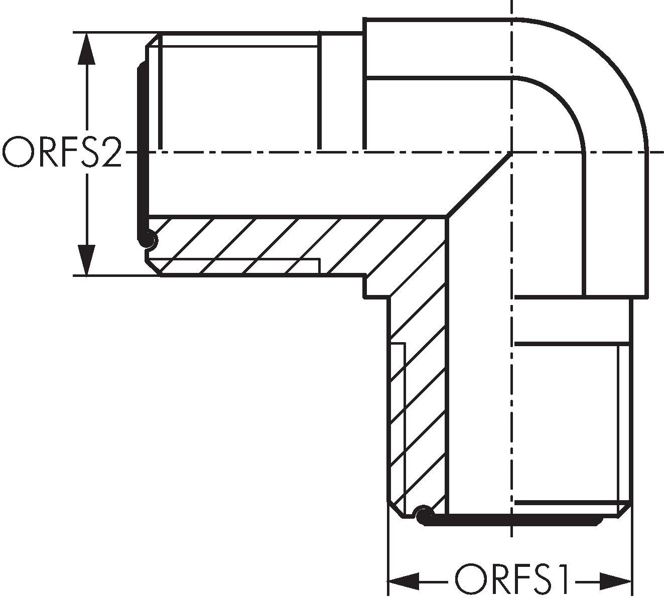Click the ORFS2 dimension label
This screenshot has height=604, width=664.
click(62, 153)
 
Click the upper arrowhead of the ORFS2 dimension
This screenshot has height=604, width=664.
click(87, 48)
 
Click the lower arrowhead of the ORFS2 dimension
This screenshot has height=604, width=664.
click(87, 260)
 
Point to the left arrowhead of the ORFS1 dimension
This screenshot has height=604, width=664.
click(404, 581)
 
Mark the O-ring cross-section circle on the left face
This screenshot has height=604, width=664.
click(148, 239)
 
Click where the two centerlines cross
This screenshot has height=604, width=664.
click(511, 152)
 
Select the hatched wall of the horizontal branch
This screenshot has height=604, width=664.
click(281, 246)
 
